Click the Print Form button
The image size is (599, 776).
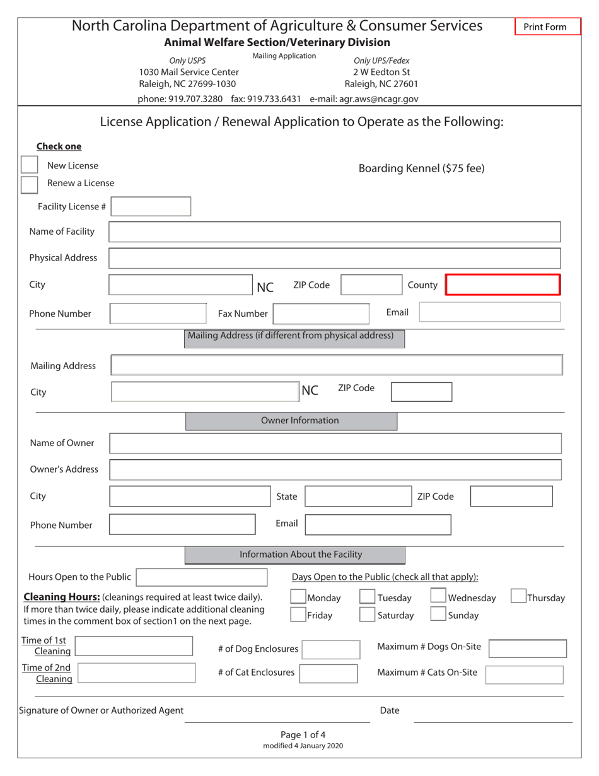click(547, 26)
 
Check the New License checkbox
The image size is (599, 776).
click(29, 165)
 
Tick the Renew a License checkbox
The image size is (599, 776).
click(29, 184)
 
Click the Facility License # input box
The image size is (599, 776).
click(151, 206)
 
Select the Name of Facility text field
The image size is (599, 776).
click(334, 232)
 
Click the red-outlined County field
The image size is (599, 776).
click(503, 285)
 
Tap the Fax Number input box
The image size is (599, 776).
click(320, 314)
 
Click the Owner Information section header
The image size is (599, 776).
click(291, 421)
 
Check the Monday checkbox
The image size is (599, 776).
click(298, 597)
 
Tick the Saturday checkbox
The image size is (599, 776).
click(367, 614)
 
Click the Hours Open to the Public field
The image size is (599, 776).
click(202, 577)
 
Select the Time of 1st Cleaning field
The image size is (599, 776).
click(134, 647)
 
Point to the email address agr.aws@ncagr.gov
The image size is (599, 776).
click(364, 99)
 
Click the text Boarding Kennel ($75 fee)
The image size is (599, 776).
click(421, 168)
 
